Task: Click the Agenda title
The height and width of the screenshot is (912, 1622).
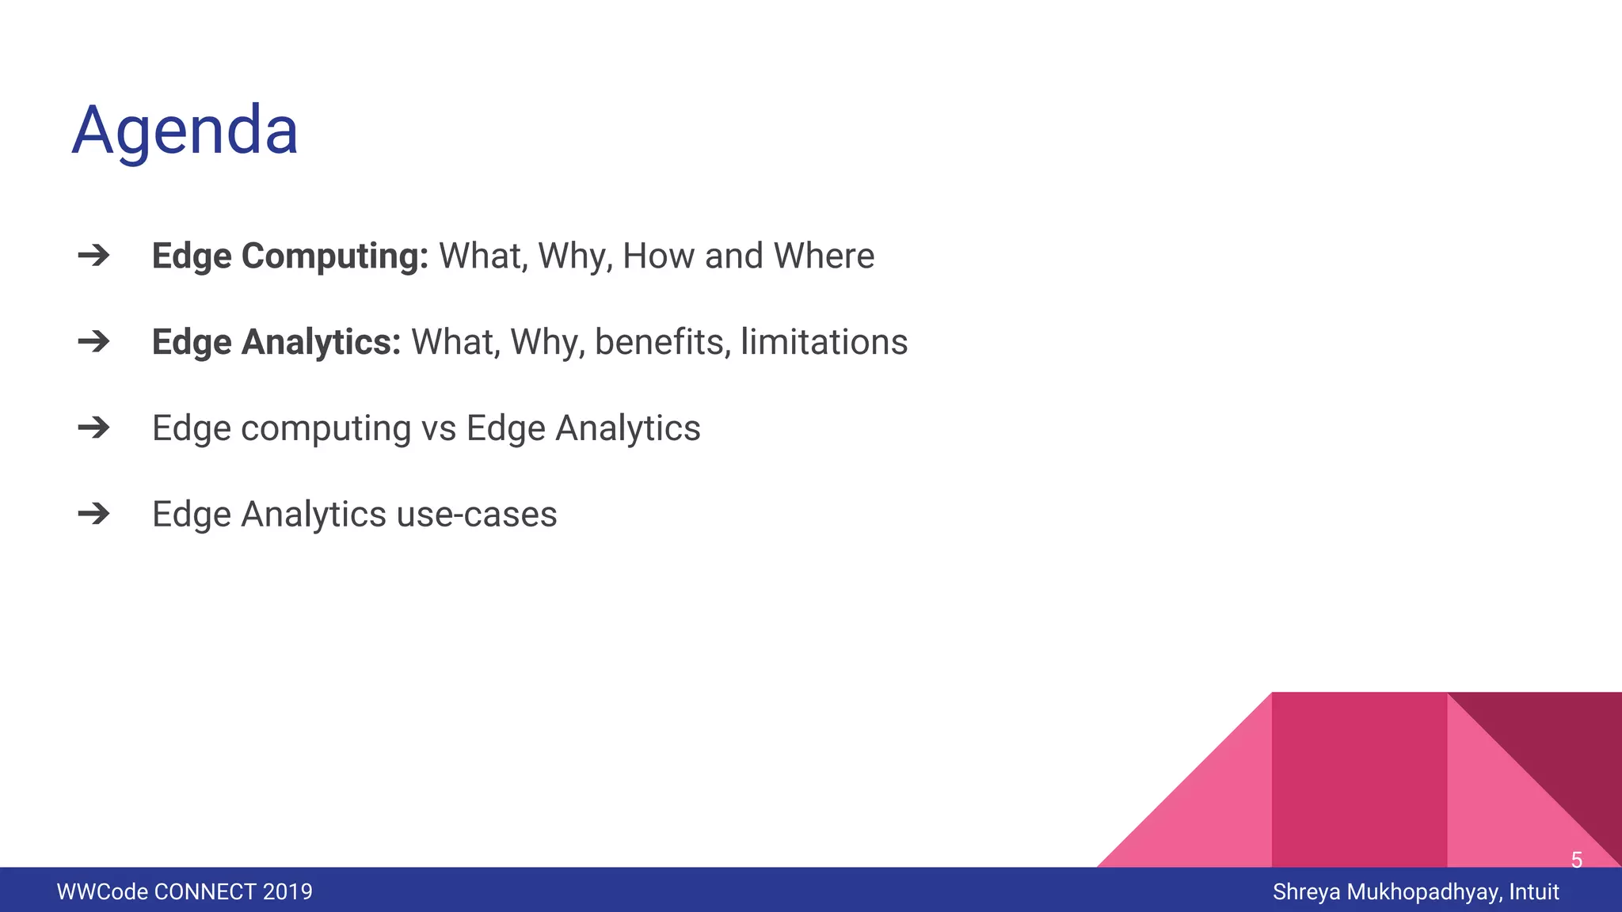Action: pyautogui.click(x=185, y=131)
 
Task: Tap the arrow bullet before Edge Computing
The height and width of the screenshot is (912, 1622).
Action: pyautogui.click(x=93, y=256)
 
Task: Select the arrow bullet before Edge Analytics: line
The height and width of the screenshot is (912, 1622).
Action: pyautogui.click(x=93, y=342)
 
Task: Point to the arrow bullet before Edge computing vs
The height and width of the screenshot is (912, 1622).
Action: pyautogui.click(x=93, y=428)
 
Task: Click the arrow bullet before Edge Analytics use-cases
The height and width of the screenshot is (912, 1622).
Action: pyautogui.click(x=93, y=515)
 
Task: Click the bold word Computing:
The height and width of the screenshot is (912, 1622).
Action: pyautogui.click(x=334, y=256)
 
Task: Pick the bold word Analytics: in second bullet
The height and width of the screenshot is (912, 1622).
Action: pyautogui.click(x=321, y=343)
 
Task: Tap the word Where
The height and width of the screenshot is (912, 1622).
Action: pyautogui.click(x=824, y=256)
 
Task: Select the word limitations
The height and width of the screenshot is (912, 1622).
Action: pyautogui.click(x=824, y=343)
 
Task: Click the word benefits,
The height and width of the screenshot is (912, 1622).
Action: pyautogui.click(x=662, y=343)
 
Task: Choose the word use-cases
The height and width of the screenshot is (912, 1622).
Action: pyautogui.click(x=477, y=515)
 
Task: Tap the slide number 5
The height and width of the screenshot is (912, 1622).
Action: pyautogui.click(x=1576, y=860)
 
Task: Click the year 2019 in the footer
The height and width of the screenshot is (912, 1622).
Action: pyautogui.click(x=287, y=892)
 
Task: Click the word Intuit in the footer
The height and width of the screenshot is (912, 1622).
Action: pyautogui.click(x=1533, y=892)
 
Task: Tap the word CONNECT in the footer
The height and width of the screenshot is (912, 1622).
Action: pyautogui.click(x=205, y=892)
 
